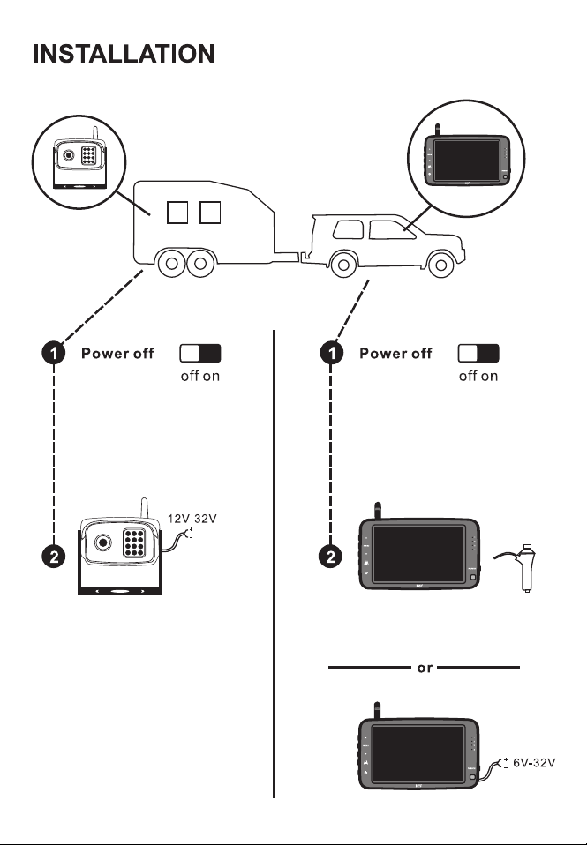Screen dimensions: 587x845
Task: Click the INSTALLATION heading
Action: [x=124, y=54]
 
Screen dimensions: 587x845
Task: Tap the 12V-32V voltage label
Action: [x=192, y=519]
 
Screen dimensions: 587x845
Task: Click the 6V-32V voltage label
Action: [x=534, y=763]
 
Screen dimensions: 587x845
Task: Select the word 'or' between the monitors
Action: [x=425, y=669]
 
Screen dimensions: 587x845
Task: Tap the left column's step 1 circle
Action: [x=54, y=353]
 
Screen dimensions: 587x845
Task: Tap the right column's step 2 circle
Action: [x=331, y=557]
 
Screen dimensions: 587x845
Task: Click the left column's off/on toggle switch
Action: [x=200, y=354]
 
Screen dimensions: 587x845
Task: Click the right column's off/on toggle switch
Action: [x=478, y=354]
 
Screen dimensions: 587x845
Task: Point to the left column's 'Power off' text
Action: [x=117, y=354]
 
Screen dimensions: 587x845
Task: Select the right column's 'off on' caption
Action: [x=478, y=376]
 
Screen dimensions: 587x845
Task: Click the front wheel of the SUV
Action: [x=440, y=264]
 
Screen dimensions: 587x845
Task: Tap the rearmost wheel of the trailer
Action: [x=171, y=264]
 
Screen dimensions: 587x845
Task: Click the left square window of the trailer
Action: [x=177, y=213]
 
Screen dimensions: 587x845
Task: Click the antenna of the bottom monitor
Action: [x=378, y=710]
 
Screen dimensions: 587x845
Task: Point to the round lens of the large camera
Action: [x=102, y=542]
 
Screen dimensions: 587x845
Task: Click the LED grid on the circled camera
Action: [x=89, y=154]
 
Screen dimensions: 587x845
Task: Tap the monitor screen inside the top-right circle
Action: [x=467, y=161]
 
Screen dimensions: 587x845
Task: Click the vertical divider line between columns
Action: [x=274, y=564]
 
